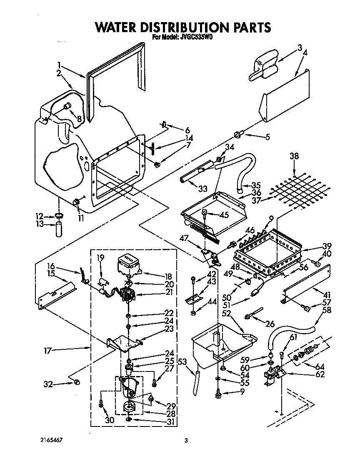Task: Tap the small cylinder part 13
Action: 59,230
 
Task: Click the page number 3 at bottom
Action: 186,441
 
